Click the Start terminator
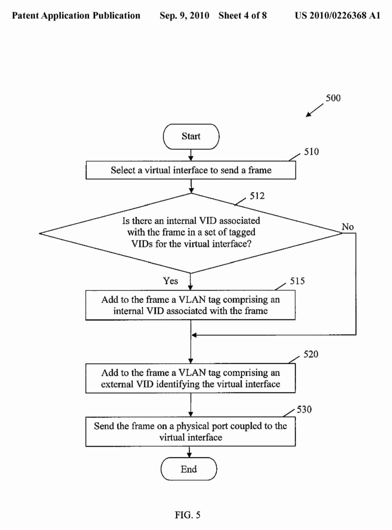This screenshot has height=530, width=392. (x=191, y=136)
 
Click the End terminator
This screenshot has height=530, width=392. (x=189, y=469)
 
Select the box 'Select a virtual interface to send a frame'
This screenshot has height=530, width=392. (x=191, y=170)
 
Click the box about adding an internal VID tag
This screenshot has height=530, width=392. (x=191, y=305)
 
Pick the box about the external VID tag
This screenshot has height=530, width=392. (x=191, y=378)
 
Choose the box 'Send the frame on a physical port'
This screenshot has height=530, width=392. (x=191, y=431)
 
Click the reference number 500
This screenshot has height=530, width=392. (x=333, y=97)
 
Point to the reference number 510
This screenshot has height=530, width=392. (x=311, y=152)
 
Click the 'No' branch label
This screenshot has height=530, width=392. (x=348, y=227)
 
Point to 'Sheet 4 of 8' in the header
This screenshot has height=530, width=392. (x=243, y=16)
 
